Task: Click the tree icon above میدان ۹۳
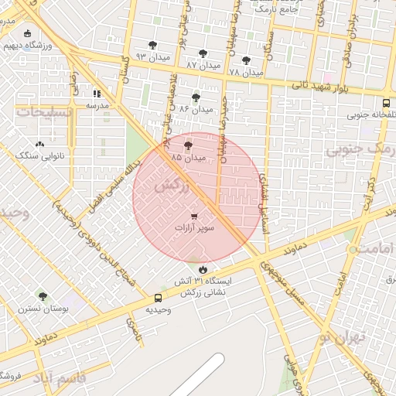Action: pos(152,45)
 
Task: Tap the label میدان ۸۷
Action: pos(203,66)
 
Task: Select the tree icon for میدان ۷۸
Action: pos(246,60)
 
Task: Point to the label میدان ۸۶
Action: pos(195,109)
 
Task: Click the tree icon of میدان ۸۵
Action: pos(189,145)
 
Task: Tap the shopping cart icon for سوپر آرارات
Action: pos(193,217)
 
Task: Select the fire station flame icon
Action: pos(203,269)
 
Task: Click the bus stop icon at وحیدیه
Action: pos(159,298)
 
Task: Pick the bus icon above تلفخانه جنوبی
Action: pos(386,103)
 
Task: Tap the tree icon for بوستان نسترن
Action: pos(43,296)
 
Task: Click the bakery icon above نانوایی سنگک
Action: pos(39,143)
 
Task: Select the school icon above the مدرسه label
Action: pos(97,93)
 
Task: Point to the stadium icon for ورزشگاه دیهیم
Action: pos(29,33)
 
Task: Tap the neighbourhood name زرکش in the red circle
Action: pos(171,186)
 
